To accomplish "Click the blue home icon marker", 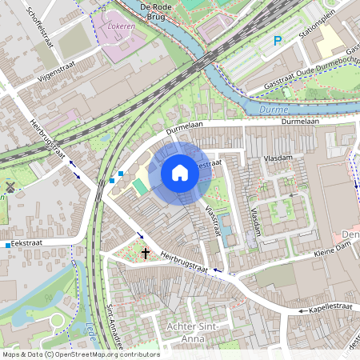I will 180,172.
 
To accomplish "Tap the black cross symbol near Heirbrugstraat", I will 145,253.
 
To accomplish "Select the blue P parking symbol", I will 278,41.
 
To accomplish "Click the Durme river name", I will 274,108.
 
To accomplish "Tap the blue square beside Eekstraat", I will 7,244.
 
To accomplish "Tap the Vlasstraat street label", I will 211,221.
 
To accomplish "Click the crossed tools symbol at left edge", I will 10,187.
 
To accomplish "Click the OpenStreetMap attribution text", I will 80,354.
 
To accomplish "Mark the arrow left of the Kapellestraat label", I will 302,310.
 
